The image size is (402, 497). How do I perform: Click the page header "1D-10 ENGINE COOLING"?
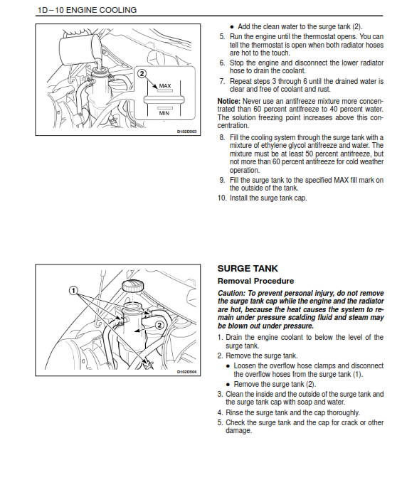tap(88, 10)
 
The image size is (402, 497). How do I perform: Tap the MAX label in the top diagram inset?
tap(165, 86)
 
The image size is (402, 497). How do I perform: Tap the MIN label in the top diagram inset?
tap(164, 113)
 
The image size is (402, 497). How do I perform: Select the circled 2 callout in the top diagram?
tap(142, 74)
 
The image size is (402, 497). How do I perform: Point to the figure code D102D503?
tap(187, 132)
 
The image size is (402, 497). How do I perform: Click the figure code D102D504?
tap(187, 372)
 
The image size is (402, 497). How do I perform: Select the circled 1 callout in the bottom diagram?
tap(73, 290)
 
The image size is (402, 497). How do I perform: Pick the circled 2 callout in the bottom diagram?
tap(159, 325)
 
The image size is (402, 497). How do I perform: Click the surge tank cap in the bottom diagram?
tap(132, 286)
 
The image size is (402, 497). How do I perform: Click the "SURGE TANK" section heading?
tap(248, 269)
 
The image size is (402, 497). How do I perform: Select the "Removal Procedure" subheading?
tap(255, 281)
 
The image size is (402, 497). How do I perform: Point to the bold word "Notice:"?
tap(229, 102)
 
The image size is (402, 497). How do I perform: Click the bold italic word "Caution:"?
tap(232, 293)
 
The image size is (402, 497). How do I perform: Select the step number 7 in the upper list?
tap(221, 82)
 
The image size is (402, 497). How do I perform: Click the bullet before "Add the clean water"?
tap(232, 27)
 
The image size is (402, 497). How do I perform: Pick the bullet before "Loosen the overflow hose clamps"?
tap(228, 366)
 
